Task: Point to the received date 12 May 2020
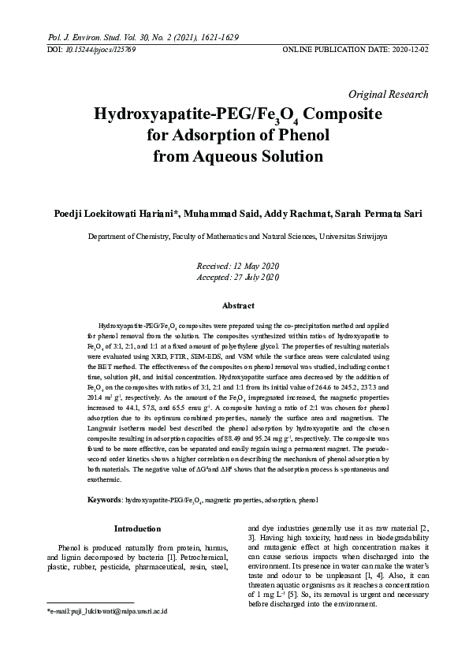[x=251, y=266]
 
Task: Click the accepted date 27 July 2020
[x=253, y=277]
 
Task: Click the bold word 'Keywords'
[x=104, y=500]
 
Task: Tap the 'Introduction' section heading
[x=137, y=528]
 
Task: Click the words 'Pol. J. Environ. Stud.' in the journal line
[x=86, y=37]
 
